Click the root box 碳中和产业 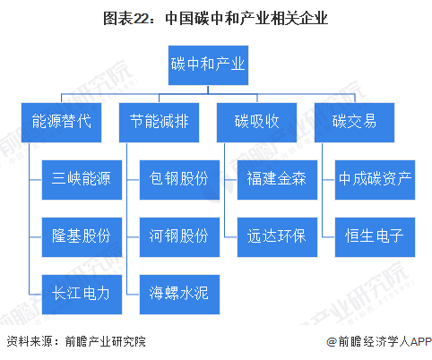pos(208,65)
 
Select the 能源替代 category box pos(61,123)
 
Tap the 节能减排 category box pos(159,123)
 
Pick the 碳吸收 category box pos(256,123)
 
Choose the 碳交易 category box pos(354,123)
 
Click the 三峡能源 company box pos(82,180)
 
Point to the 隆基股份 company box pos(82,237)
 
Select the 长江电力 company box pos(82,295)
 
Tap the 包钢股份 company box pos(179,180)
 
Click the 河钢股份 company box pos(179,237)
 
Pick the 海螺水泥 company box pos(179,295)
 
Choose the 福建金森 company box pos(277,180)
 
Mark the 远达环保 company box pos(277,237)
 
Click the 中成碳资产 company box pos(375,180)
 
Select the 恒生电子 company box pos(375,237)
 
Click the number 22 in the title pos(140,19)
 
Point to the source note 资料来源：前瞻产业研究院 pos(76,341)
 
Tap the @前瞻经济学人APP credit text pos(379,341)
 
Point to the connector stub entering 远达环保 pos(231,237)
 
